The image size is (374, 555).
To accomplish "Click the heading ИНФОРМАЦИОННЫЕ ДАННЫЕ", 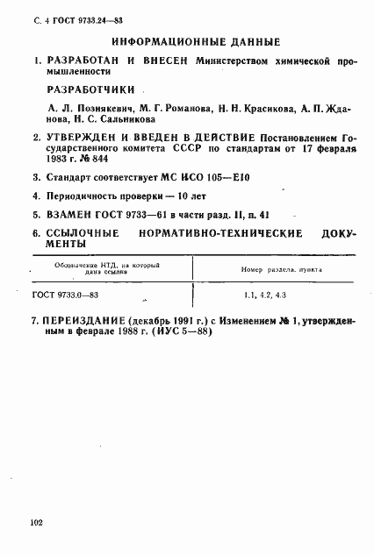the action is click(196, 41).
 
